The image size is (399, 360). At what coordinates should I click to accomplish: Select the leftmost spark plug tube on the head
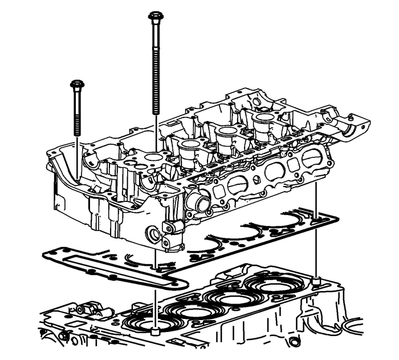point(188,149)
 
